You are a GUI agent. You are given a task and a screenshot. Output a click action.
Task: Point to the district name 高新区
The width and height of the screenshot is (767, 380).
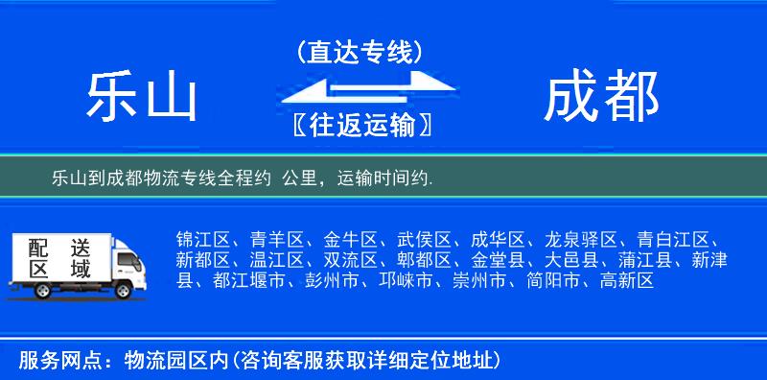(627, 281)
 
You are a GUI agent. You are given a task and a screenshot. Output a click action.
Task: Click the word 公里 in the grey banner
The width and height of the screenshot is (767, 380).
(300, 178)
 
